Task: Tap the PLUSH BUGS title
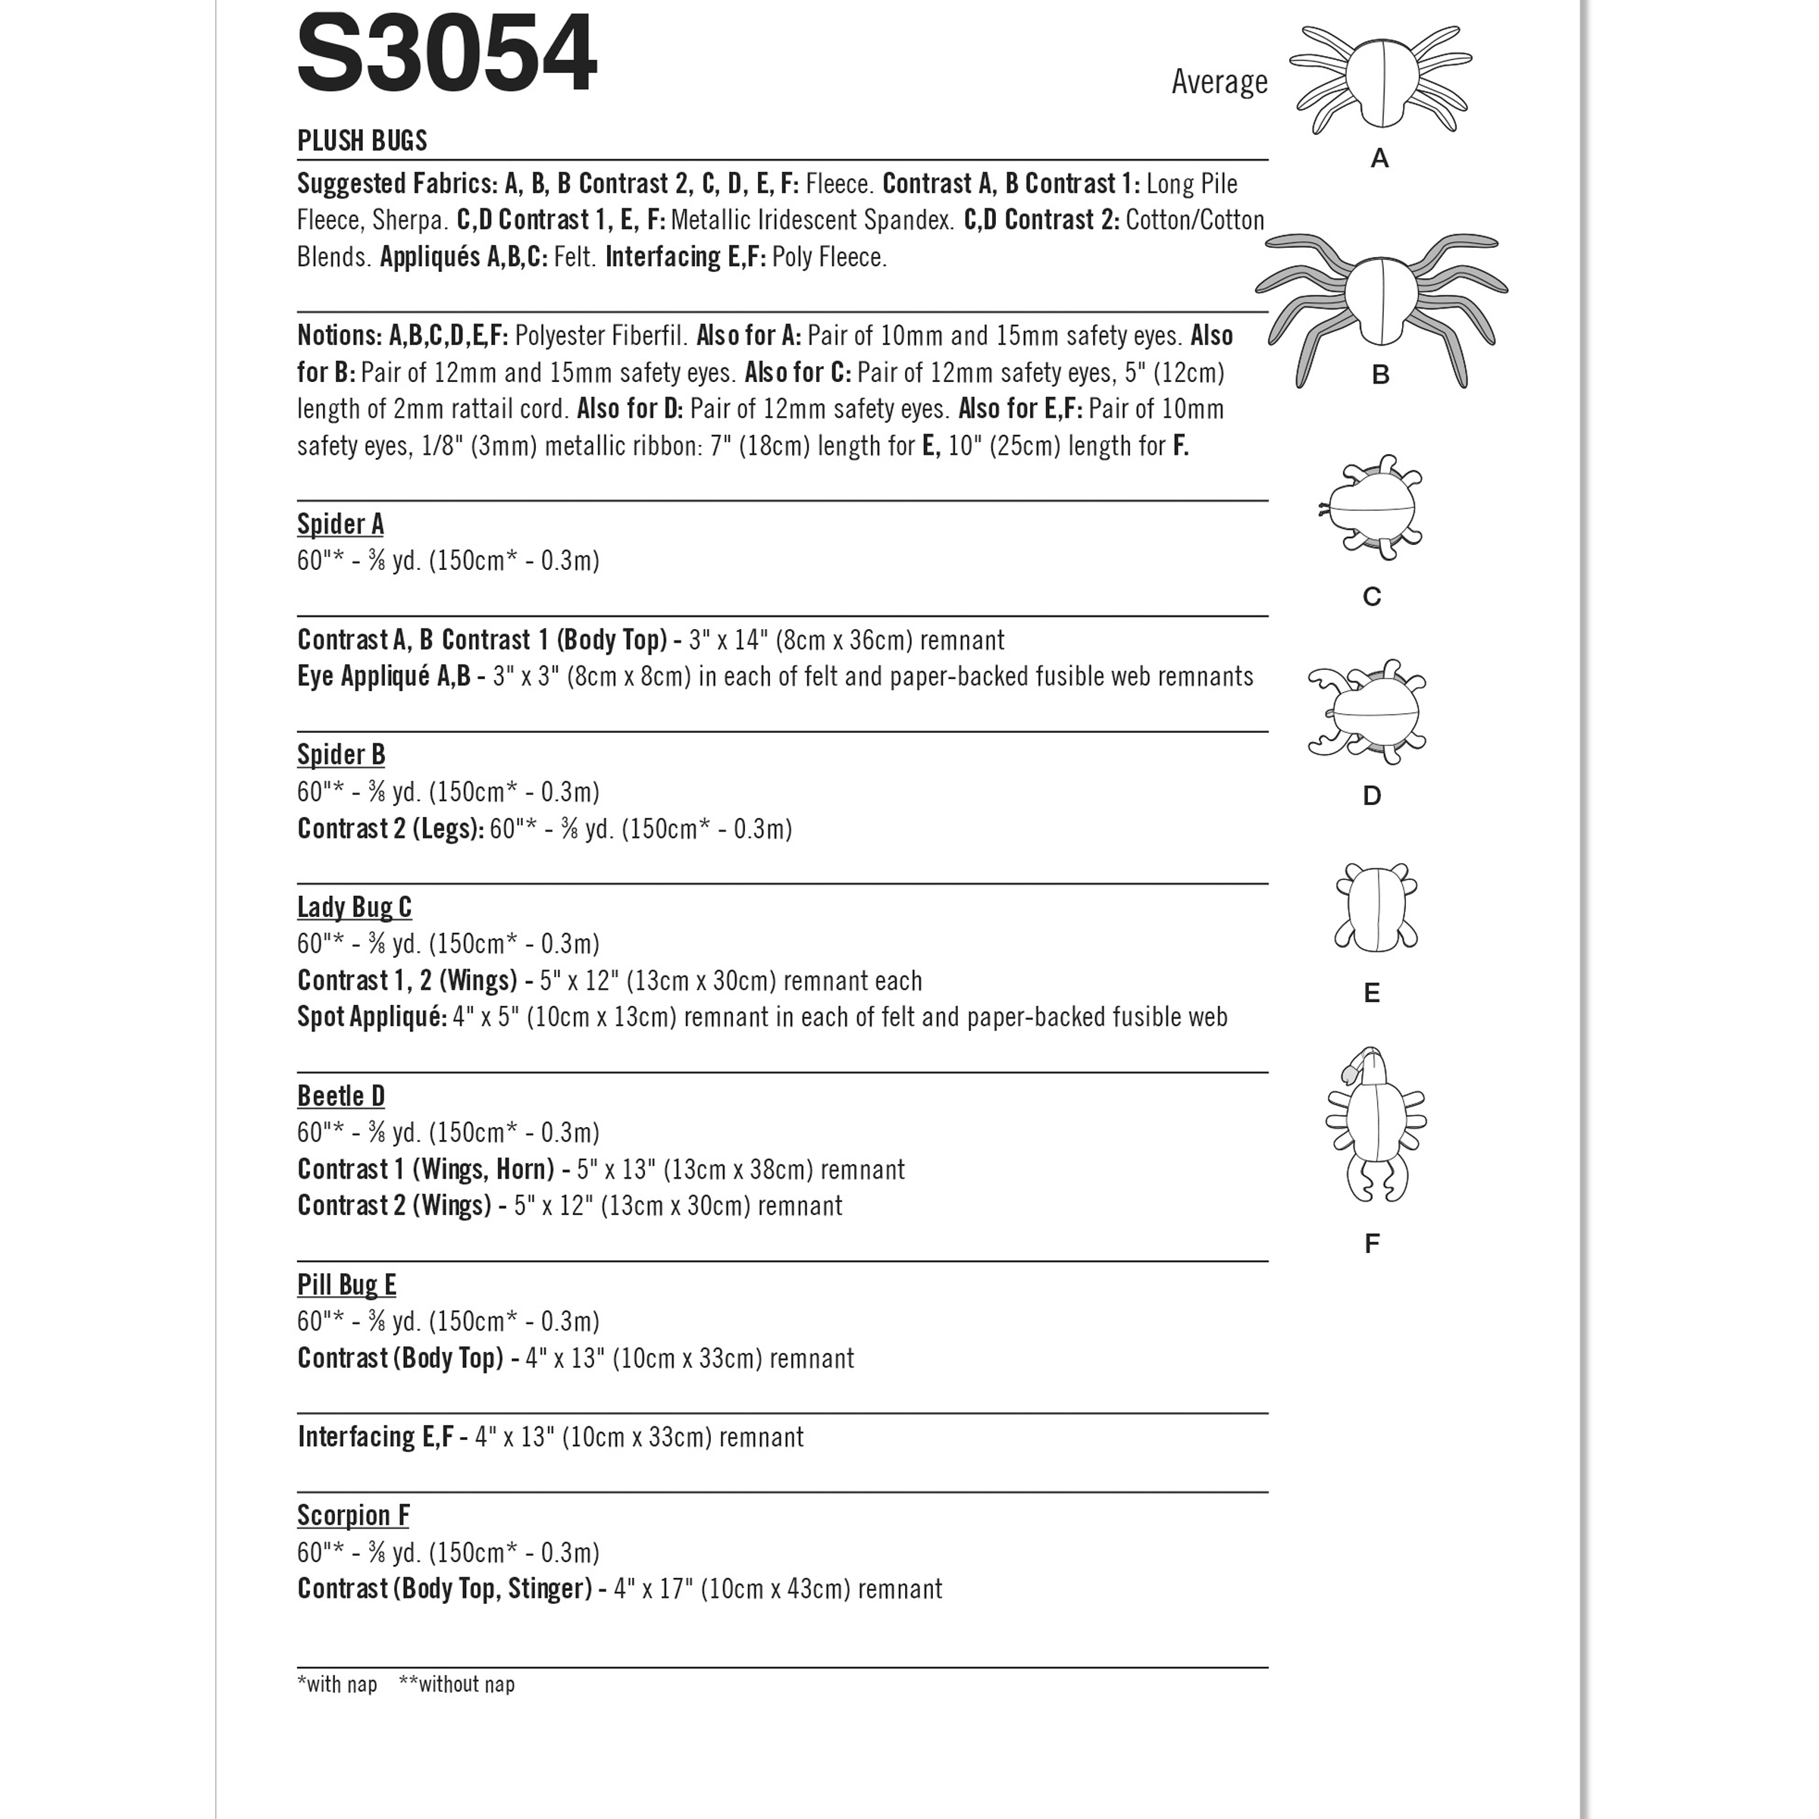tap(362, 141)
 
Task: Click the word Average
tap(1219, 83)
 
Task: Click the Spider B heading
tap(341, 754)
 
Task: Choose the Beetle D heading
tap(341, 1096)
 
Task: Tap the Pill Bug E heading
tap(346, 1285)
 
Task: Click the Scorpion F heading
tap(353, 1515)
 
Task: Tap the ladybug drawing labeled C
tap(1373, 509)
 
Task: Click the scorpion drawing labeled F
tap(1376, 1125)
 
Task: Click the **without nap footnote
tap(456, 1684)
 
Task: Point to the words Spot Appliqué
tap(371, 1018)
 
